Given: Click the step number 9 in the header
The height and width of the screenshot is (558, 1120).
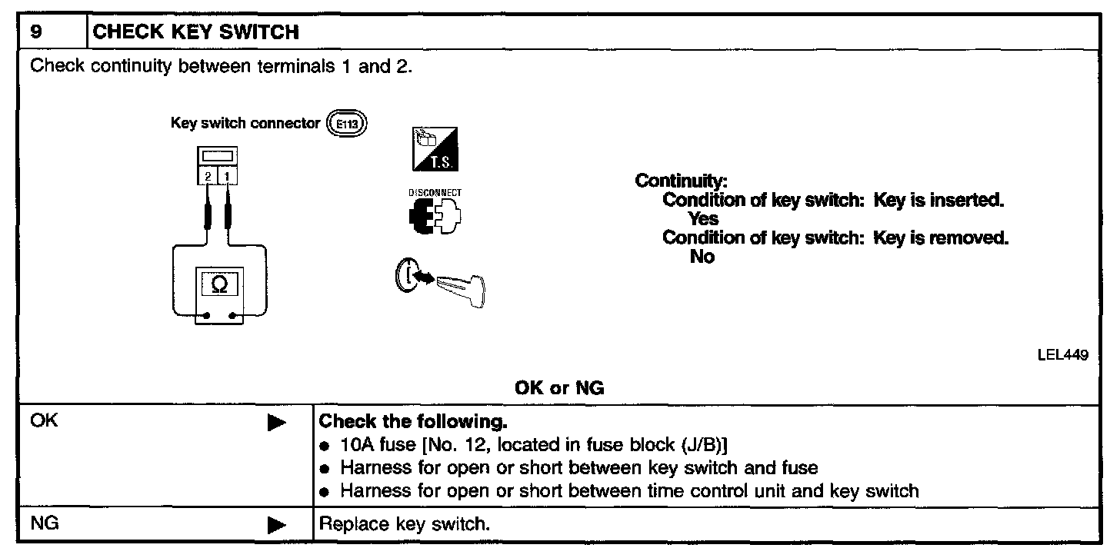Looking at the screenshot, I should click(35, 32).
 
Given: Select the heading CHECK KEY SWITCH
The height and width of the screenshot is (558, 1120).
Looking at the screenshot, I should click(195, 32).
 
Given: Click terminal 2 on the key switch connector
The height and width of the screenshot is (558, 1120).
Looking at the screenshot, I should click(208, 178).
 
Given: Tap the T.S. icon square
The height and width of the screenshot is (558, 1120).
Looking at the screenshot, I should click(430, 149).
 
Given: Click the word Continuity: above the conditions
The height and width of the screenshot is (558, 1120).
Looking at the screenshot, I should click(681, 181).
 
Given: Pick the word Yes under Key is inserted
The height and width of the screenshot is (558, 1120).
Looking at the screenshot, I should click(703, 219).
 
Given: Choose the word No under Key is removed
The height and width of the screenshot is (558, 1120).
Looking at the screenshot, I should click(702, 257).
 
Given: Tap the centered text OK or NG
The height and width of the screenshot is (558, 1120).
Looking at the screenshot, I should click(559, 388).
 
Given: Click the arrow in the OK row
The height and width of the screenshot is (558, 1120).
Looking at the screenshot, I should click(277, 423).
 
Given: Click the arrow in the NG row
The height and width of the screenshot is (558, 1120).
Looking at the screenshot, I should click(277, 526).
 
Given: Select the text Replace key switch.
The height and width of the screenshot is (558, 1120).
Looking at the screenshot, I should click(404, 526).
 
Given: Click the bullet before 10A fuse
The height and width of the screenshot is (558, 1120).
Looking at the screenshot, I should click(325, 446).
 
